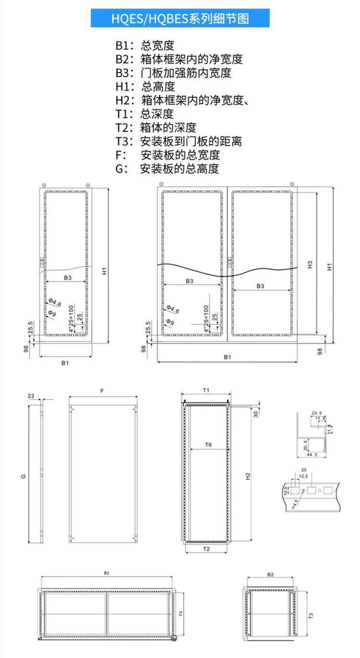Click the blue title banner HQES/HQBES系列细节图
(180, 19)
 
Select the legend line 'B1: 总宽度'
(144, 46)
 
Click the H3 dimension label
(310, 264)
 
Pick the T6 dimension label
(208, 445)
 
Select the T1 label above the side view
(206, 390)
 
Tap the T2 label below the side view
(206, 548)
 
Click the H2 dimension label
(248, 476)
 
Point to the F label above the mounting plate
(102, 391)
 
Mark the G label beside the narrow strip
(23, 476)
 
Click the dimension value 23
(31, 396)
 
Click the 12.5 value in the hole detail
(303, 476)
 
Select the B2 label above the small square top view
(270, 574)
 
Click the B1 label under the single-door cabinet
(65, 363)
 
